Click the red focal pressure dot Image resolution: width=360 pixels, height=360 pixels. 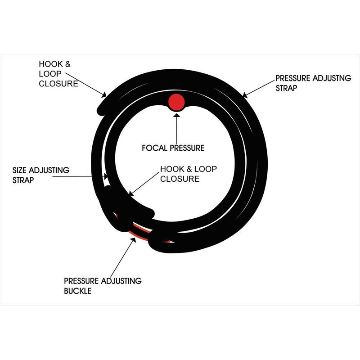[176, 102]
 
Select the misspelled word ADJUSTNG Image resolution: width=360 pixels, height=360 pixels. [332, 78]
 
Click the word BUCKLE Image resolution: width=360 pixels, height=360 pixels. [77, 291]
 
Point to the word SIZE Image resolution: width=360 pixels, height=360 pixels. [19, 170]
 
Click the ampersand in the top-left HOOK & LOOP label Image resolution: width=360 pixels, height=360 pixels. [68, 64]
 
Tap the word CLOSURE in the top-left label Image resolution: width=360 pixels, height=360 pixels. [58, 84]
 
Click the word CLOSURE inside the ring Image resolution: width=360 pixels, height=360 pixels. [180, 179]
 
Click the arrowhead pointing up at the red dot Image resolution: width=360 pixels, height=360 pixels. [176, 114]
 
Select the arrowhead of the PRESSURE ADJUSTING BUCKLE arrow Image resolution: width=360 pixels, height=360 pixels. [133, 240]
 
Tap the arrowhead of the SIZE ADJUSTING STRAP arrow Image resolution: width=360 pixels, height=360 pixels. [105, 176]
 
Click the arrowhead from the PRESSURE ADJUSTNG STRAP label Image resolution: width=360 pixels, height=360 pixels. [245, 94]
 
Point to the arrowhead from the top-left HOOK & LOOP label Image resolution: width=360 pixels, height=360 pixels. [103, 94]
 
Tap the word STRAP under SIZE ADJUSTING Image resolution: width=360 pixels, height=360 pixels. [23, 180]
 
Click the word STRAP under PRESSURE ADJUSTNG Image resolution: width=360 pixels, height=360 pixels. [286, 88]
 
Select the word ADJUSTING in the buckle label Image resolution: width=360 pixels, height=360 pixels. [121, 281]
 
